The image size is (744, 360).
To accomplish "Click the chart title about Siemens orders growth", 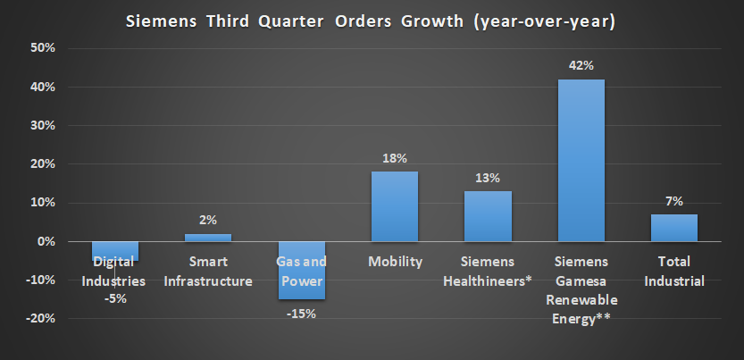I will tap(372, 19).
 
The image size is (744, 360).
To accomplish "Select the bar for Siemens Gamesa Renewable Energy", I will tap(581, 161).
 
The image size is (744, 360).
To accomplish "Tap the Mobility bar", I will tap(395, 206).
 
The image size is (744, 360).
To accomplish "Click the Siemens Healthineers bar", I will tap(488, 216).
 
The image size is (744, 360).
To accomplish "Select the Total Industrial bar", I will tap(674, 228).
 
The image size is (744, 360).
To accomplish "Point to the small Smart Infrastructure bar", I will tap(208, 238).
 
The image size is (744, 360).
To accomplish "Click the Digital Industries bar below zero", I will tap(115, 251).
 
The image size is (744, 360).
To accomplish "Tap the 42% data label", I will tap(581, 66).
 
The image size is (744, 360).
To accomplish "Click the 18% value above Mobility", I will tap(395, 158).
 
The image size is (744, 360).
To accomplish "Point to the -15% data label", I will tap(301, 314).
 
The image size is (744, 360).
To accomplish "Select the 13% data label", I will tap(488, 178).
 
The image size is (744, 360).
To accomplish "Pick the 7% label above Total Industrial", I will tap(674, 201).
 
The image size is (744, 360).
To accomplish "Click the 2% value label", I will tap(208, 221).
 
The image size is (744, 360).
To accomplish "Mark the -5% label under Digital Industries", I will tap(115, 298).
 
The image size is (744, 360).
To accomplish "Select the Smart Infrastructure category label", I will tap(208, 272).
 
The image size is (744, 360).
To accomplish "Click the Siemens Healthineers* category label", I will tap(488, 272).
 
